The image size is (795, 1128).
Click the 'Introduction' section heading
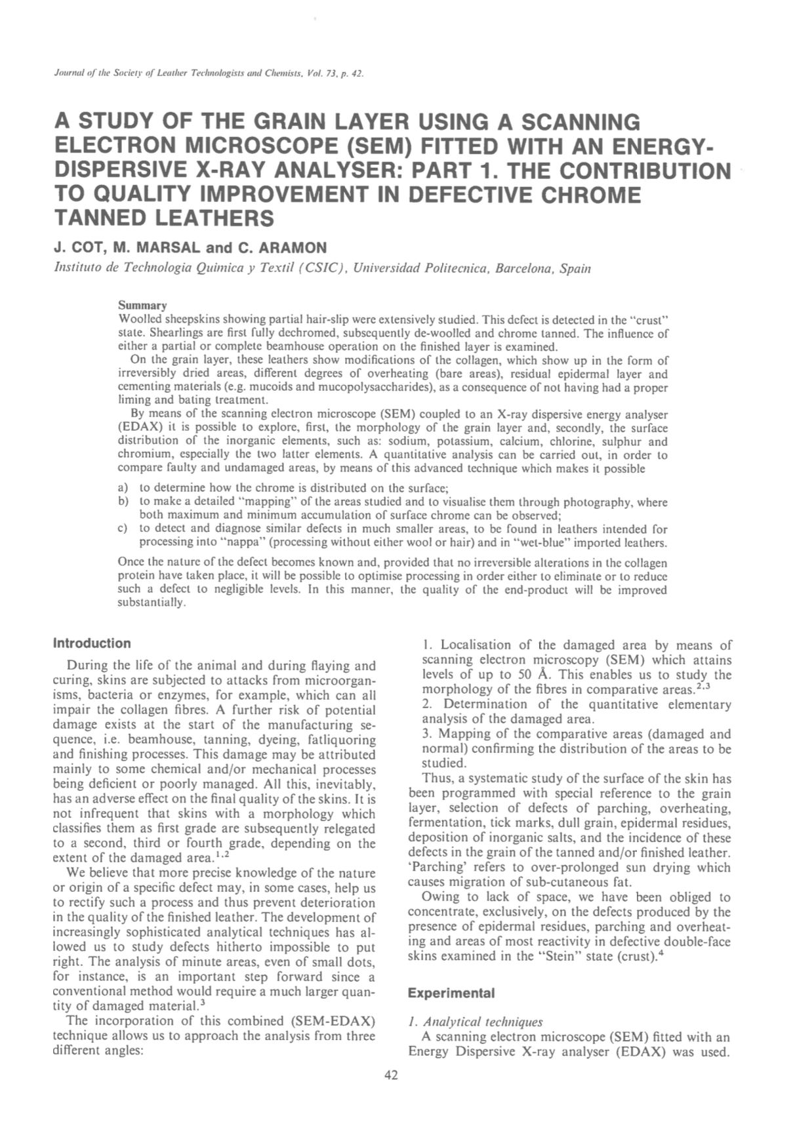[92, 643]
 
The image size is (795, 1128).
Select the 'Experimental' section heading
[451, 993]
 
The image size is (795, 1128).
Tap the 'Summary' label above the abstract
[142, 306]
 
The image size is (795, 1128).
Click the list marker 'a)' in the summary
[123, 488]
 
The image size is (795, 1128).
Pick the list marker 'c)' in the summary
[123, 529]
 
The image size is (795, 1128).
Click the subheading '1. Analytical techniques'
[475, 1022]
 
